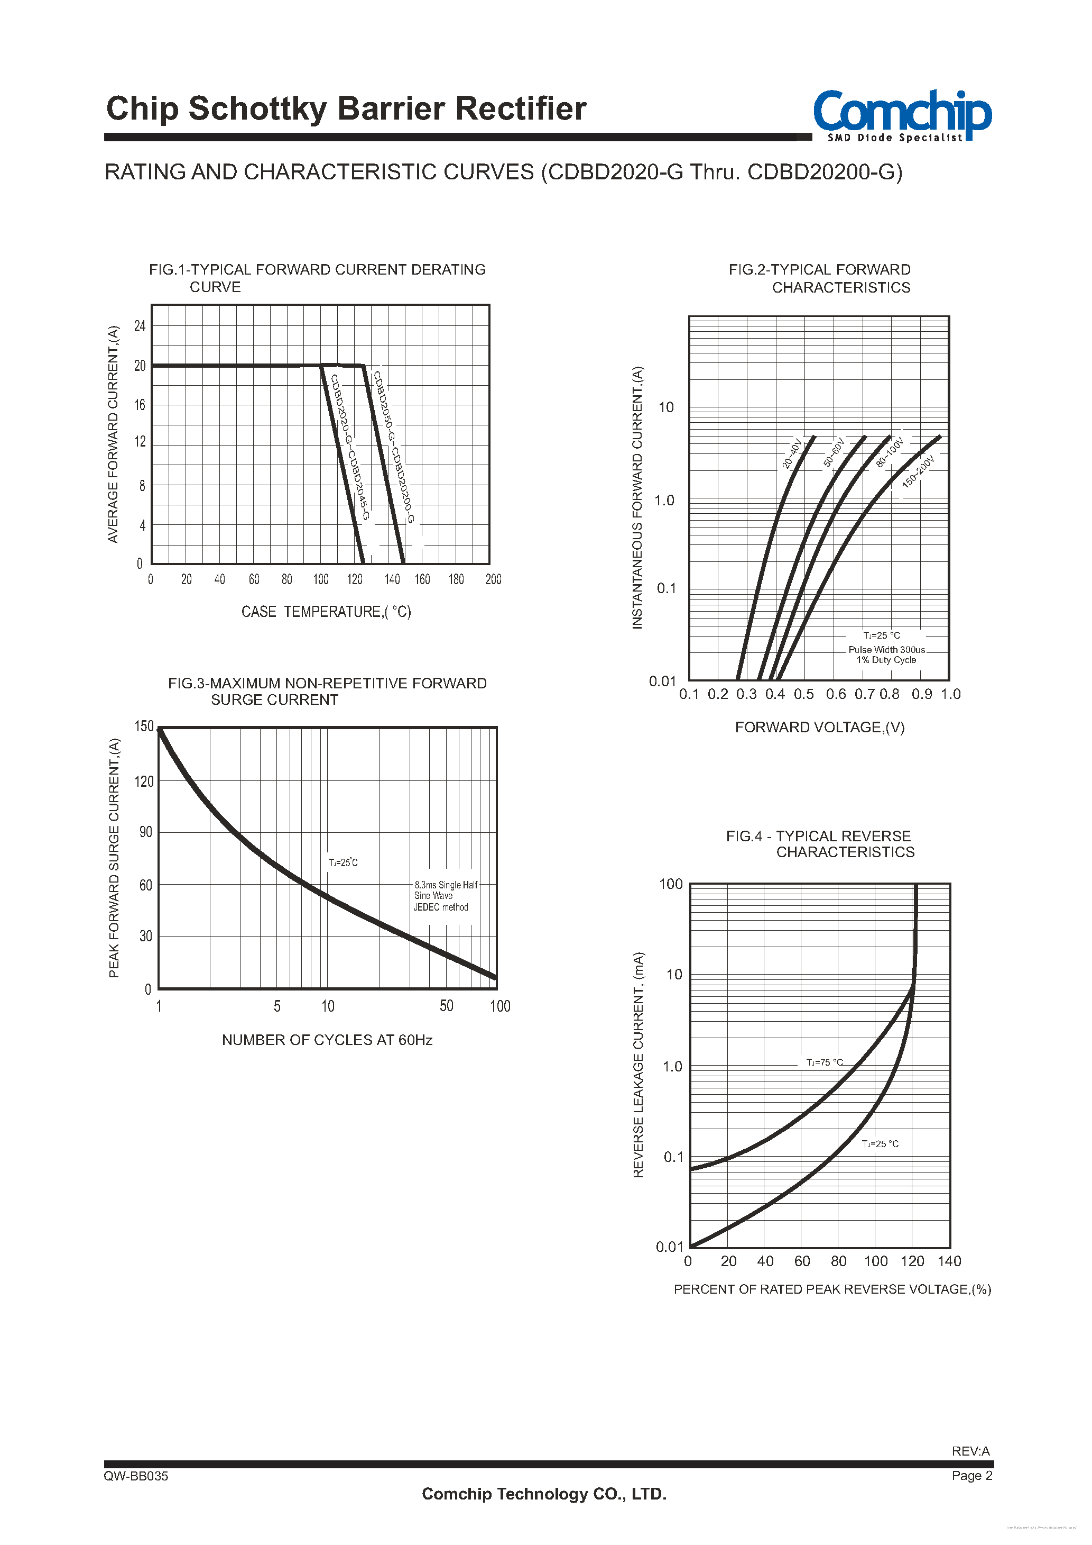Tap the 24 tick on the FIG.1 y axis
pyautogui.click(x=140, y=326)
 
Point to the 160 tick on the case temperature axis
pyautogui.click(x=422, y=579)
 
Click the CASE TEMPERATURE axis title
pyautogui.click(x=326, y=612)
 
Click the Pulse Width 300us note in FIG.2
pyautogui.click(x=886, y=649)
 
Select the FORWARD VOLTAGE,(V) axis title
pyautogui.click(x=820, y=728)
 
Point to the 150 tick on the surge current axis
pyautogui.click(x=144, y=726)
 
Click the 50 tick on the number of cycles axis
pyautogui.click(x=447, y=1006)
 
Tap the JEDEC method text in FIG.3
pyautogui.click(x=441, y=907)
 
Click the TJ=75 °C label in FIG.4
pyautogui.click(x=825, y=1062)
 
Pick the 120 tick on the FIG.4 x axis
pyautogui.click(x=912, y=1261)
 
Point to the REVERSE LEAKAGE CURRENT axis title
pyautogui.click(x=638, y=1065)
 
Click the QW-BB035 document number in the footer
pyautogui.click(x=136, y=1476)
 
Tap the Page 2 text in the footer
pyautogui.click(x=971, y=1476)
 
